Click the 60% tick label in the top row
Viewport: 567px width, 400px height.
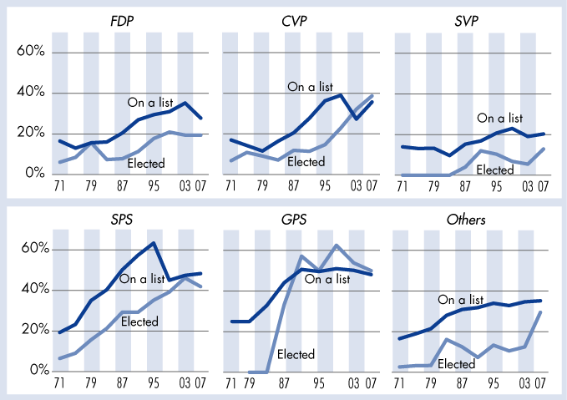[30, 52]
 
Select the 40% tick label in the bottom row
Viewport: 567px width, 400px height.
[30, 290]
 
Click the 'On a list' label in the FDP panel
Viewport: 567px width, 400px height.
[151, 102]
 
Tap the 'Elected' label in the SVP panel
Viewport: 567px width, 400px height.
[494, 170]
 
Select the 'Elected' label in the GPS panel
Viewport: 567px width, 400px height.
[296, 354]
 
